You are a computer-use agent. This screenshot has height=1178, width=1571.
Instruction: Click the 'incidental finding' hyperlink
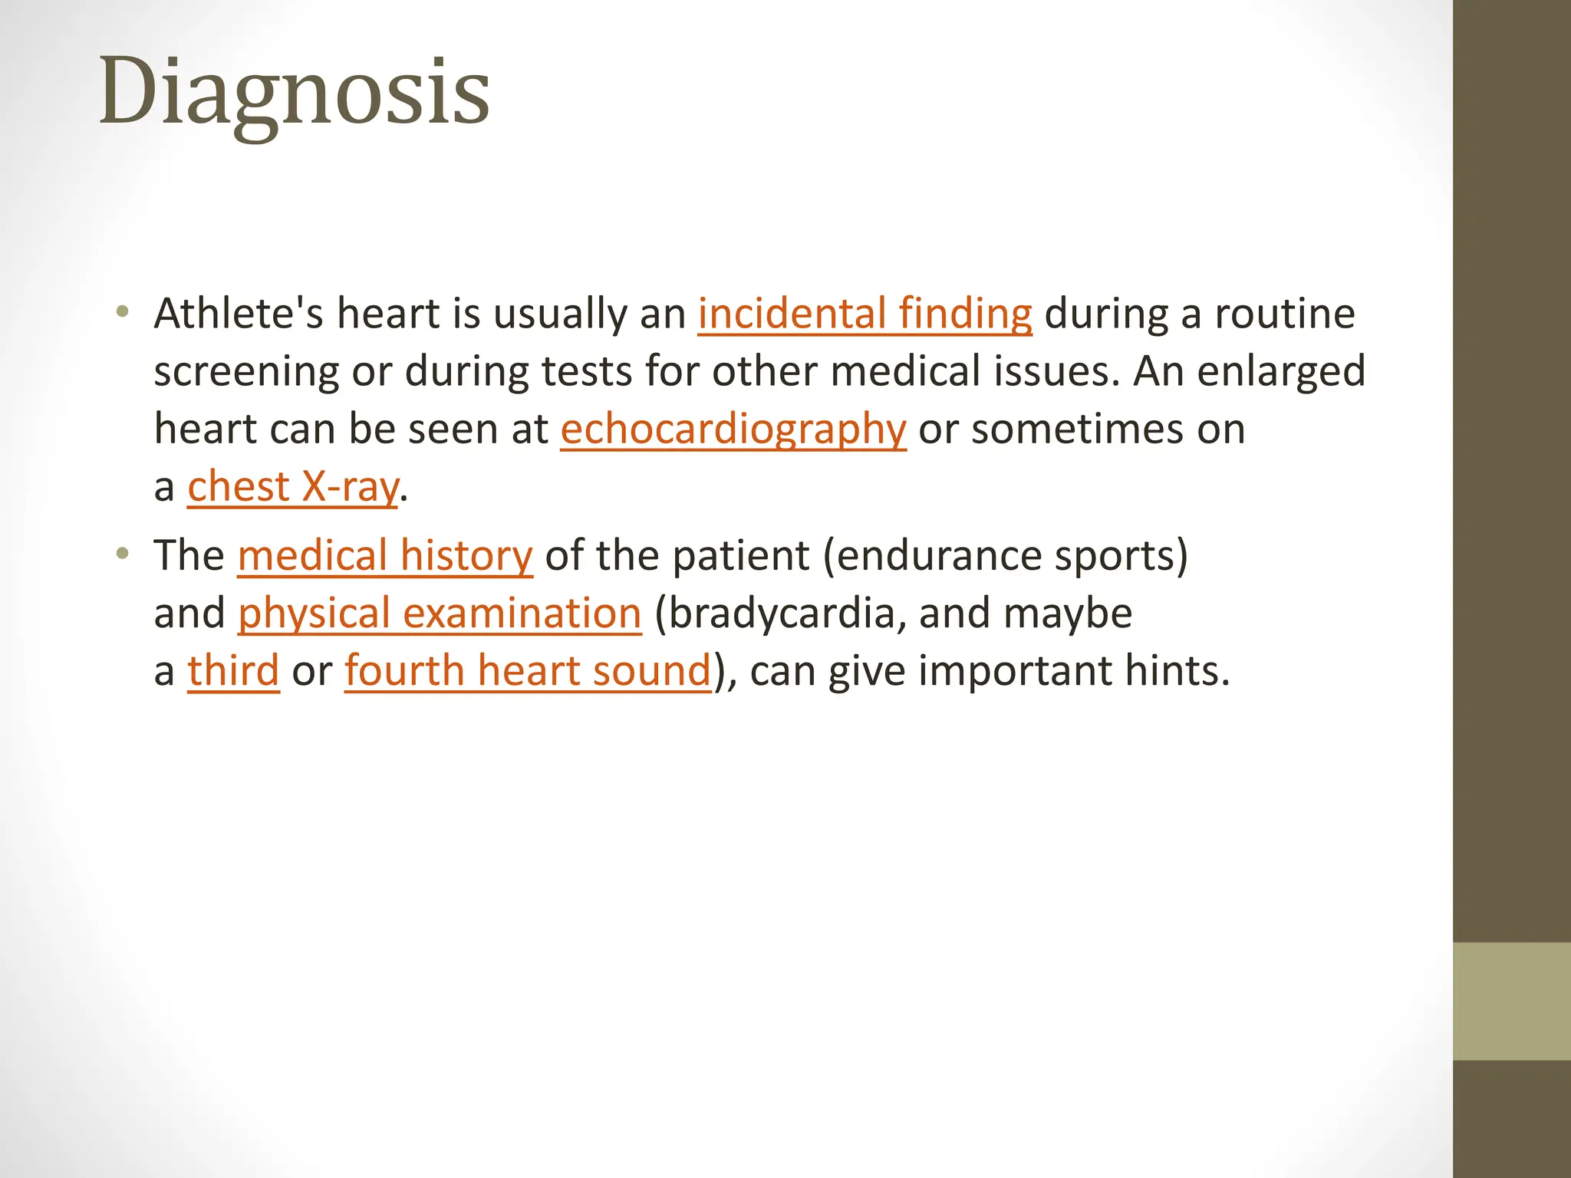[865, 314]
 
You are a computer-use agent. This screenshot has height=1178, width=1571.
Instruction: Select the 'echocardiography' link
[733, 429]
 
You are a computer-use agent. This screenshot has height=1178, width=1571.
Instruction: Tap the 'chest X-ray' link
[293, 487]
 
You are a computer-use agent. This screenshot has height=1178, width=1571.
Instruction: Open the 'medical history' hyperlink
[385, 556]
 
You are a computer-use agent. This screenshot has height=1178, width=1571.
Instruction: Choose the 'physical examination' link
[439, 614]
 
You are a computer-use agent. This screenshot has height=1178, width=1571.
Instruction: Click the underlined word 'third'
[233, 671]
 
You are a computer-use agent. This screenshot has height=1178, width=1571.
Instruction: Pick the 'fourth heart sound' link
[528, 671]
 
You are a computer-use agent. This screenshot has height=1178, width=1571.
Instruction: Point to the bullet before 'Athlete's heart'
[122, 312]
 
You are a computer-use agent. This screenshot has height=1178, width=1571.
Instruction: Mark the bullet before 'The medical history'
[122, 554]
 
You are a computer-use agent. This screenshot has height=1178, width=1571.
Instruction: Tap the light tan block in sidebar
[1512, 1001]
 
